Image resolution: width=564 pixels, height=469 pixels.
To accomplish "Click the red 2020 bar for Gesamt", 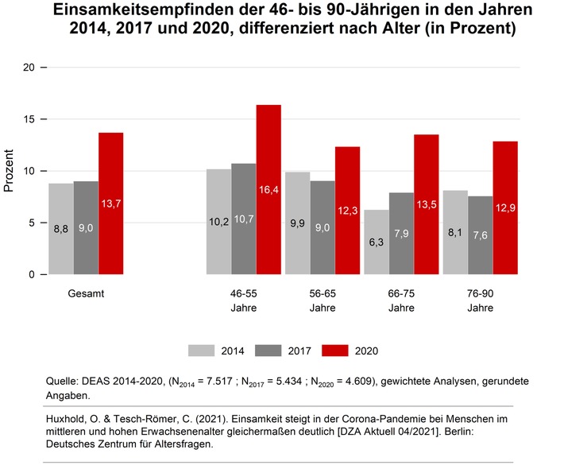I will point(110,203).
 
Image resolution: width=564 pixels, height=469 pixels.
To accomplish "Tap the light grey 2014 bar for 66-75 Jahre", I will point(377,242).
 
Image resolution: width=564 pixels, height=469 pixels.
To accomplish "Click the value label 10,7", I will point(243,241).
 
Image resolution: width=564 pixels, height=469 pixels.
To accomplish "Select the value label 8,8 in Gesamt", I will point(60,229).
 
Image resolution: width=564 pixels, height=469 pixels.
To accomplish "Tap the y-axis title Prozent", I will point(10,171).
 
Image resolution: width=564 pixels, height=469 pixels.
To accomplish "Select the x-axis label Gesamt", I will point(86,293).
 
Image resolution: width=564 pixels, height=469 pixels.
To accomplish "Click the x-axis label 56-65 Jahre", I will point(323,300).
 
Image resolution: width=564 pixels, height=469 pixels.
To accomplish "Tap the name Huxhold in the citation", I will point(90,418).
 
